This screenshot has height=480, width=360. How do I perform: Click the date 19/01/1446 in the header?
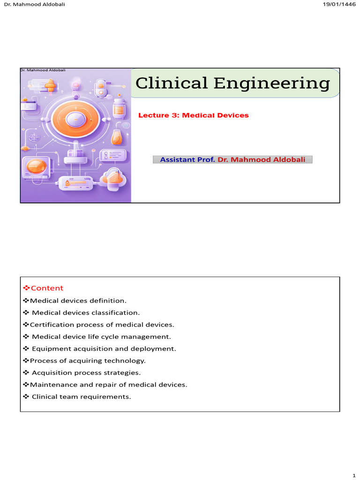pyautogui.click(x=339, y=4)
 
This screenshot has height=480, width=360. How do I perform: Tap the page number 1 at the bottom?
pyautogui.click(x=354, y=475)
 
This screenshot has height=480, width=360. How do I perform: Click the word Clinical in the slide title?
pyautogui.click(x=172, y=83)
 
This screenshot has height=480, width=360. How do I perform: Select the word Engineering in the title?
pyautogui.click(x=272, y=83)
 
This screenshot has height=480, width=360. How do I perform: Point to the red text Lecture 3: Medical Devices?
pyautogui.click(x=194, y=115)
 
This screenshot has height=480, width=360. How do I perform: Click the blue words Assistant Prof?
pyautogui.click(x=187, y=159)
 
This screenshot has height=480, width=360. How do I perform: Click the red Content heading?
pyautogui.click(x=47, y=288)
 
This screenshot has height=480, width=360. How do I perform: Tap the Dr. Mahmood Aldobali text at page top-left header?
pyautogui.click(x=35, y=4)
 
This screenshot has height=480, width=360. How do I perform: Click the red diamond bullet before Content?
pyautogui.click(x=26, y=288)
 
